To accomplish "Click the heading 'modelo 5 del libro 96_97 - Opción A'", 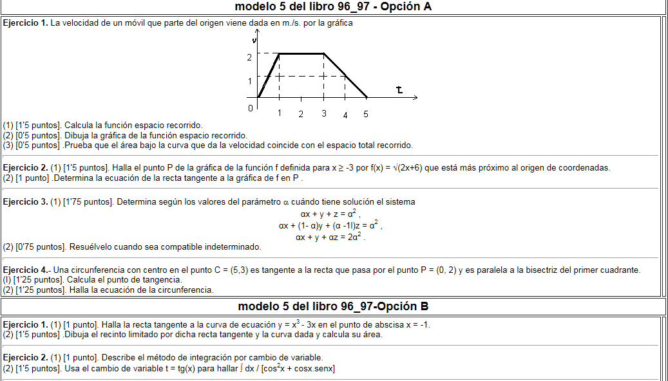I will pos(333,7).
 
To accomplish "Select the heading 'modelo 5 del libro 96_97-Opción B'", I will pos(333,306).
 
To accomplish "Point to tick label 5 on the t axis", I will pos(366,115).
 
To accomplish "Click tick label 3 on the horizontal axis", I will pos(323,114).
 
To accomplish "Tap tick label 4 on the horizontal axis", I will pos(345,115).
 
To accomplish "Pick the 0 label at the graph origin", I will pos(251,108).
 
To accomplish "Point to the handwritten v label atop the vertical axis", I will pos(255,40).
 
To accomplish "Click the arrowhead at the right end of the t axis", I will pos(415,98).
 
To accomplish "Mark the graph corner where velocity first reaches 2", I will pos(279,54).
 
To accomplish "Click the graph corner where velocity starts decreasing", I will pos(323,54).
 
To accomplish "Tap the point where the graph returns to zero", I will pos(367,98).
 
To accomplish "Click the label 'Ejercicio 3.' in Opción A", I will pos(26,202).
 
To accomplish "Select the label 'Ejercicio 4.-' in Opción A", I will pos(27,270).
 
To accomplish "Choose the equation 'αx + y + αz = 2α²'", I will pos(330,237).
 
